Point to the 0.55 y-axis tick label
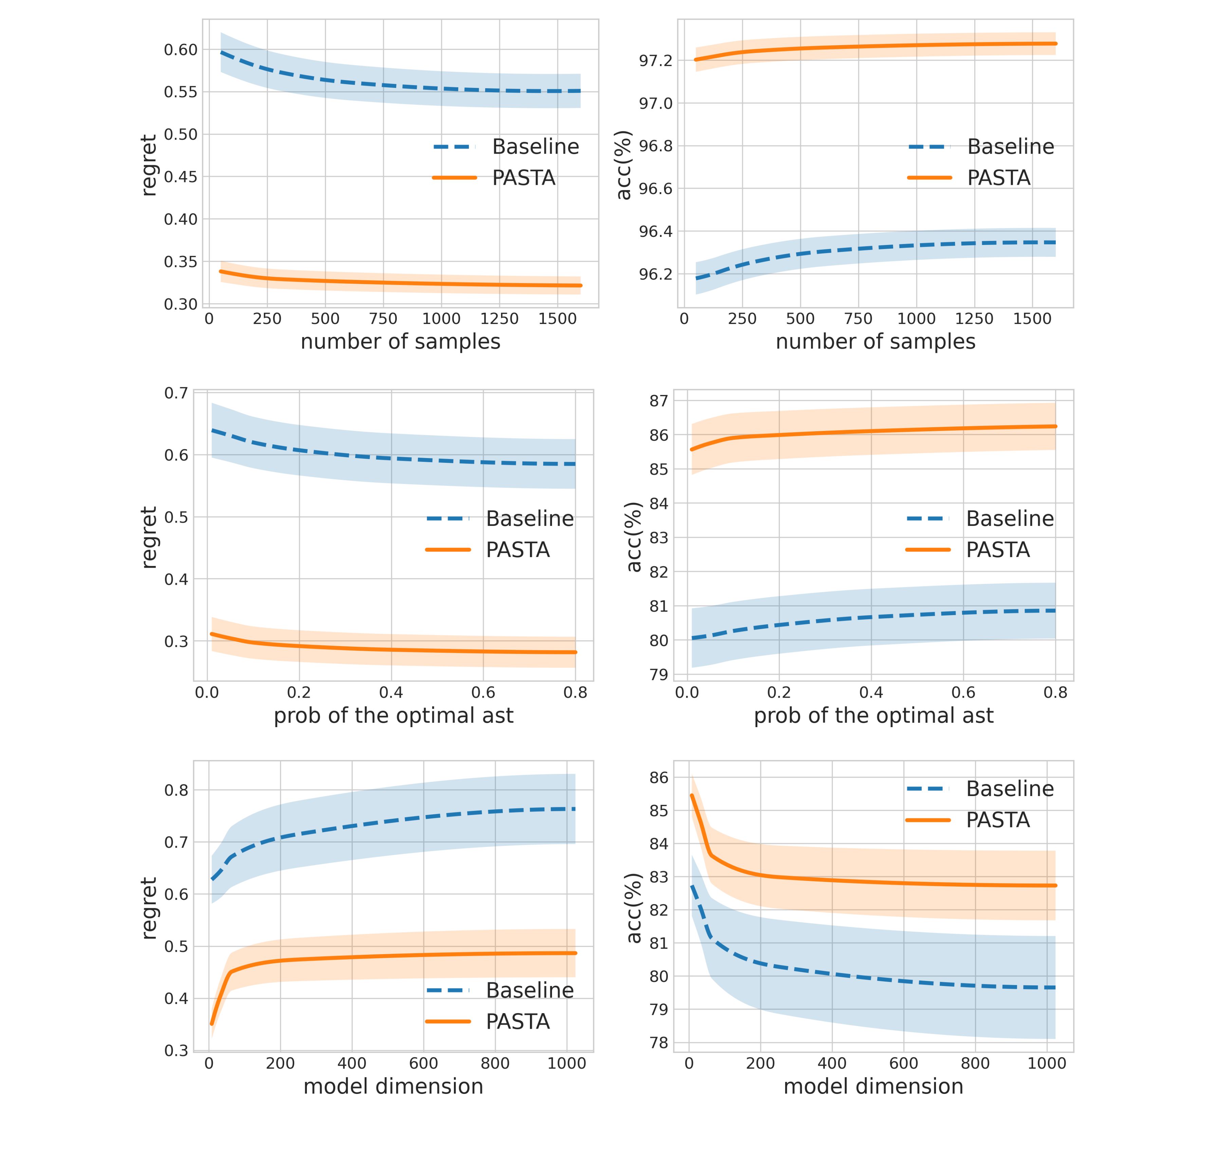180,92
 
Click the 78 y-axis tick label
658,1043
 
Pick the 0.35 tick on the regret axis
180,262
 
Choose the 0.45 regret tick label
180,177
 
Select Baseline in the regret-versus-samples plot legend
535,147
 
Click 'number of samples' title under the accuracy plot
875,342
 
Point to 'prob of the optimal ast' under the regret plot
393,716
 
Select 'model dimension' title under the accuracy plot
873,1087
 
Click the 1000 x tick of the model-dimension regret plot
566,1064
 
